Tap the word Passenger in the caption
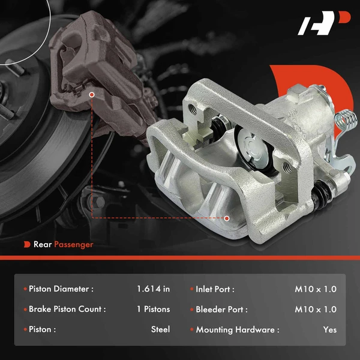click(73, 244)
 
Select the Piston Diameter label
click(61, 289)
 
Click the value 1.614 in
click(153, 289)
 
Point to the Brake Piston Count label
click(67, 310)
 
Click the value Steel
click(160, 329)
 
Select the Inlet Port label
click(215, 289)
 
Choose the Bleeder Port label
click(221, 310)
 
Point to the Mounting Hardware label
click(238, 329)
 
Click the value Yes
click(329, 329)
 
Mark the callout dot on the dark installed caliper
click(91, 94)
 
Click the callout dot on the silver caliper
click(227, 218)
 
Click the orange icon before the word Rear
click(27, 244)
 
